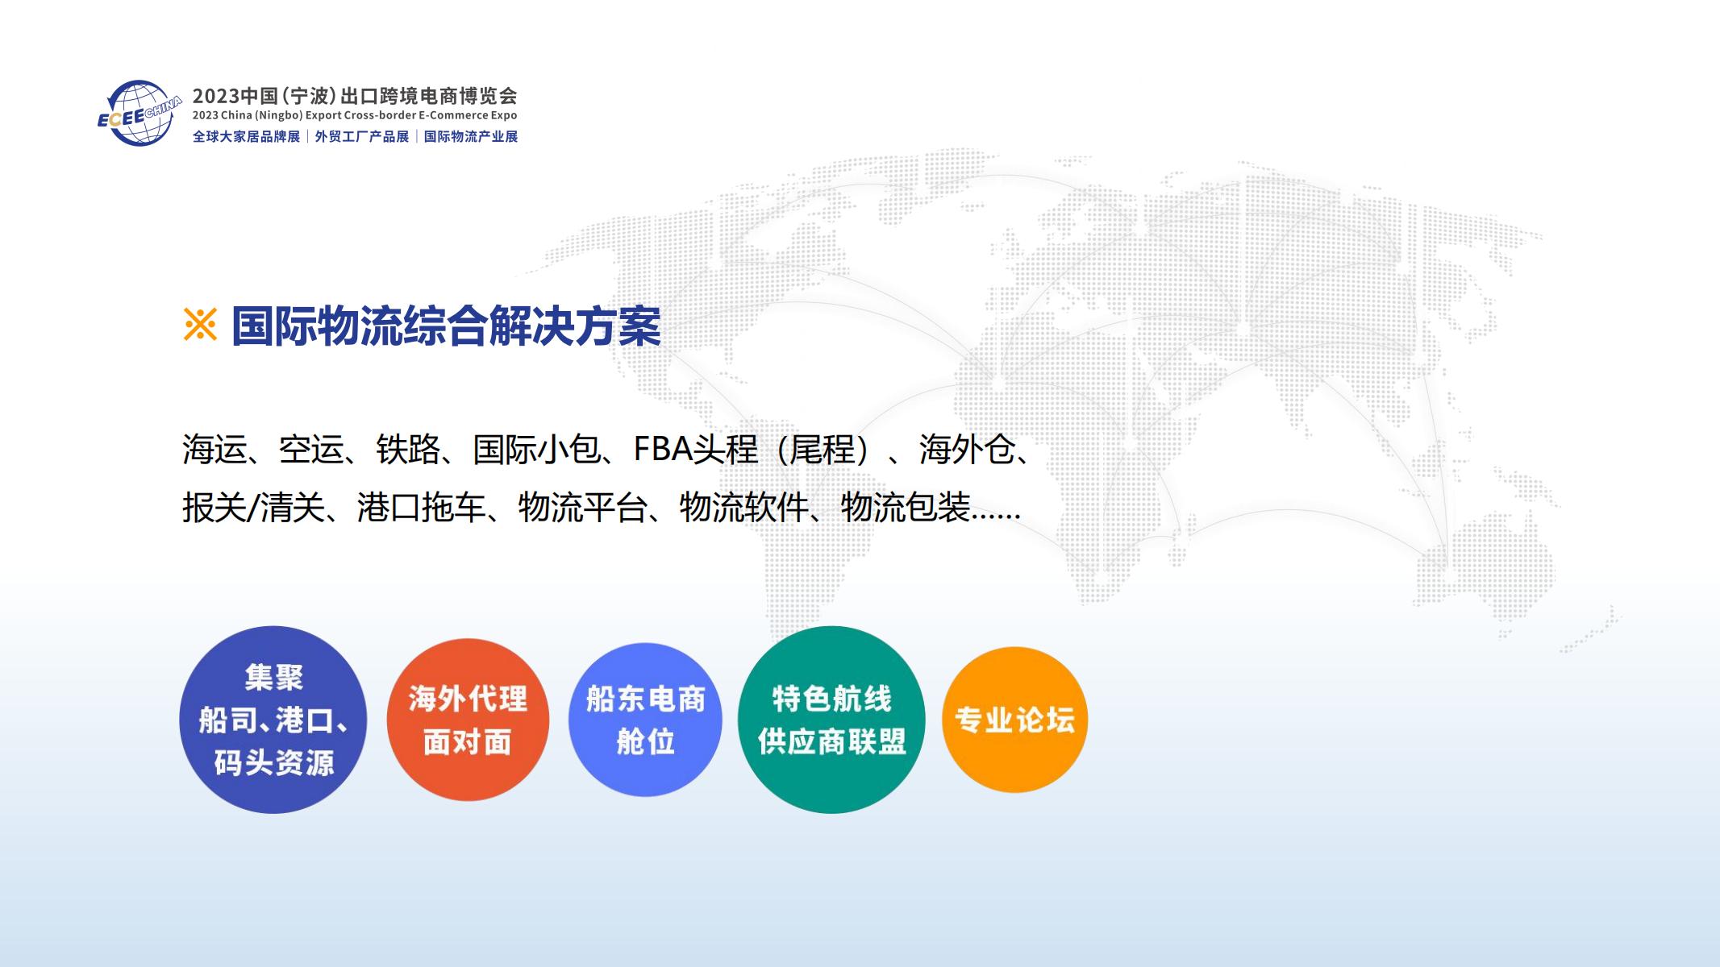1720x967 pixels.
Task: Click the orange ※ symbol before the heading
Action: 200,326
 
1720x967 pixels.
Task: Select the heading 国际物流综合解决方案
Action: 446,326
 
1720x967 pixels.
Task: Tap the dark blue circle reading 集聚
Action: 273,720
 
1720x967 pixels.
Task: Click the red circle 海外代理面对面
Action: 468,720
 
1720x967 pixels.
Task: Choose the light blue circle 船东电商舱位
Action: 645,720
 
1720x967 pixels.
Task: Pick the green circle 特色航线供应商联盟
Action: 831,720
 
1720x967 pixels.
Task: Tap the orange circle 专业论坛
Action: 1014,720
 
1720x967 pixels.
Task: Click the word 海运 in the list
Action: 214,450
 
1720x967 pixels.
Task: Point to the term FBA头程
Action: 696,450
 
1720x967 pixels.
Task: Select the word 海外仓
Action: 968,450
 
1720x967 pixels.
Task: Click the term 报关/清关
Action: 253,508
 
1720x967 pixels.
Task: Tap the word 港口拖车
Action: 422,508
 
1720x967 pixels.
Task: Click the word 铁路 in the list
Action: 409,450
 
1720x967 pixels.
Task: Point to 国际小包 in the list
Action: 537,450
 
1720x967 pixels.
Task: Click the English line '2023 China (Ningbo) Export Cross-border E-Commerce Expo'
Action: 355,116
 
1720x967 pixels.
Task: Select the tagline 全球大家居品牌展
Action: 246,137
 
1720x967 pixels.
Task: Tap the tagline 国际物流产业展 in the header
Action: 471,137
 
